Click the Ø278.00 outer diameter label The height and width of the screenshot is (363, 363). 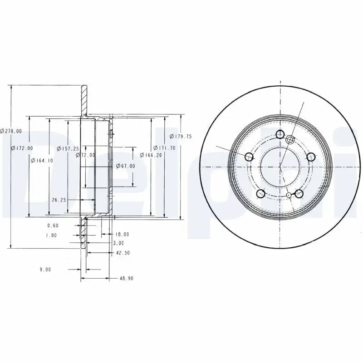(11, 131)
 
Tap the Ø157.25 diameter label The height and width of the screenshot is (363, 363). (68, 148)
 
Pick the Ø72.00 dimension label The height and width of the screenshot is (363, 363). (85, 155)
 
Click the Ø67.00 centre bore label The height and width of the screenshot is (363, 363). (125, 166)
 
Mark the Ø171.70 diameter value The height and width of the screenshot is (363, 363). (164, 148)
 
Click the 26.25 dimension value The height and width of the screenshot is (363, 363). (59, 199)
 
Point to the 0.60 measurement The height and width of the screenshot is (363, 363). (53, 226)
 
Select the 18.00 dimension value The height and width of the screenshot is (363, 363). (122, 234)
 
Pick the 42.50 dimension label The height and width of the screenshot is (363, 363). (122, 253)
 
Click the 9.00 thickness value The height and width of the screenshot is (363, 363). (45, 269)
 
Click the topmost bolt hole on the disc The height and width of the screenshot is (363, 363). (280, 134)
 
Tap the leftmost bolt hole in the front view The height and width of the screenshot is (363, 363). (249, 157)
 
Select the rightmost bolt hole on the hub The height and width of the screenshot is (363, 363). (311, 157)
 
